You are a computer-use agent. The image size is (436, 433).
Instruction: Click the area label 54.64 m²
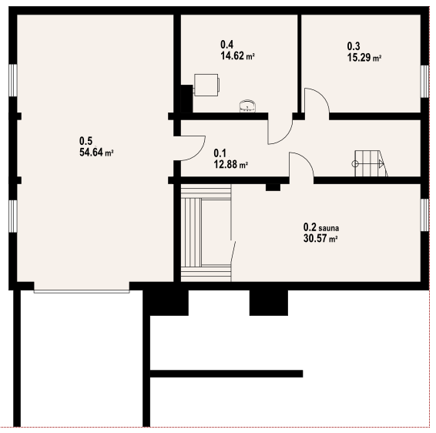pyautogui.click(x=96, y=153)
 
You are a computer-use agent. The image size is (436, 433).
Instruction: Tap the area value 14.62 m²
pyautogui.click(x=237, y=55)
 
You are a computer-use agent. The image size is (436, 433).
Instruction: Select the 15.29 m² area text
pyautogui.click(x=364, y=57)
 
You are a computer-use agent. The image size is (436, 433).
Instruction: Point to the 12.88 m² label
pyautogui.click(x=231, y=164)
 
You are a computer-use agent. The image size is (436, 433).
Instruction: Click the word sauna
pyautogui.click(x=329, y=228)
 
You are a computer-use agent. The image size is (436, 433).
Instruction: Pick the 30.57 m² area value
pyautogui.click(x=320, y=238)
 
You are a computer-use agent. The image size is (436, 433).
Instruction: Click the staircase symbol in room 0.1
pyautogui.click(x=370, y=163)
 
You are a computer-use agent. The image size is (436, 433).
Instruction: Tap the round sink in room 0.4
pyautogui.click(x=247, y=106)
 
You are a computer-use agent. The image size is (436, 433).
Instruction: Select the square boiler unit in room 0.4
pyautogui.click(x=206, y=85)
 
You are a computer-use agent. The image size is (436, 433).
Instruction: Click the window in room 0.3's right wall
pyautogui.click(x=424, y=81)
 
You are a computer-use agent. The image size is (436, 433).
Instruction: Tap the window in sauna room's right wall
pyautogui.click(x=424, y=215)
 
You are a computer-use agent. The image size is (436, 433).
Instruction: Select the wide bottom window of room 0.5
pyautogui.click(x=82, y=291)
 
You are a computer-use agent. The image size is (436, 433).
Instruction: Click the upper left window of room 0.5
pyautogui.click(x=13, y=80)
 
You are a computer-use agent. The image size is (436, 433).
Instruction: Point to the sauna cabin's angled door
pyautogui.click(x=233, y=252)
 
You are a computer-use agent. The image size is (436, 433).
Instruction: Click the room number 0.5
pyautogui.click(x=86, y=141)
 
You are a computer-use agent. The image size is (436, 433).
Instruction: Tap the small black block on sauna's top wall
pyautogui.click(x=273, y=187)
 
